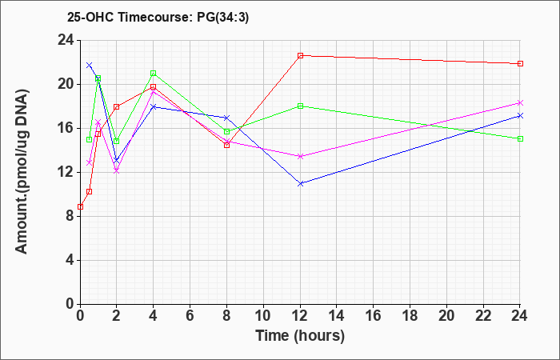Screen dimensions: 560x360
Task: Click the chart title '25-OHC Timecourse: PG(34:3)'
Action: point(158,17)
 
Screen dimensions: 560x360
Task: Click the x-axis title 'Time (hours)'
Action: point(300,336)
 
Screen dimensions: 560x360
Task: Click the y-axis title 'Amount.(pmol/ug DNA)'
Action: point(22,171)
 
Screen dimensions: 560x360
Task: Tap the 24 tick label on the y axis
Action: point(66,40)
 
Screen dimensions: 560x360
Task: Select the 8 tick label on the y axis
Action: point(70,217)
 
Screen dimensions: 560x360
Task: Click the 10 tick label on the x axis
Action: point(263,316)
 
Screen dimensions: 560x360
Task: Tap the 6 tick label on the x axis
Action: point(190,316)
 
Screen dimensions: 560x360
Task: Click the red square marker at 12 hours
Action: point(300,56)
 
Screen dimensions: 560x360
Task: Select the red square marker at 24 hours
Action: point(520,63)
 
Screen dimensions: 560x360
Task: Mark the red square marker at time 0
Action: point(80,206)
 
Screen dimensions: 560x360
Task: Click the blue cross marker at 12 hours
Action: point(300,183)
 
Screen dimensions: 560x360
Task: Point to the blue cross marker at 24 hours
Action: point(520,116)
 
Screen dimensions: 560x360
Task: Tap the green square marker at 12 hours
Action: point(300,106)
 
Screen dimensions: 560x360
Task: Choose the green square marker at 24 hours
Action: point(520,138)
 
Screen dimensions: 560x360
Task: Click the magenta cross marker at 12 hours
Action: point(300,157)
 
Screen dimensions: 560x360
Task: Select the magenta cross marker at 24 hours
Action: point(520,103)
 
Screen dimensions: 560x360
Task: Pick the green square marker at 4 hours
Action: point(154,74)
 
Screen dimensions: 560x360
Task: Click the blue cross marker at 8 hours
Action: point(226,118)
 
